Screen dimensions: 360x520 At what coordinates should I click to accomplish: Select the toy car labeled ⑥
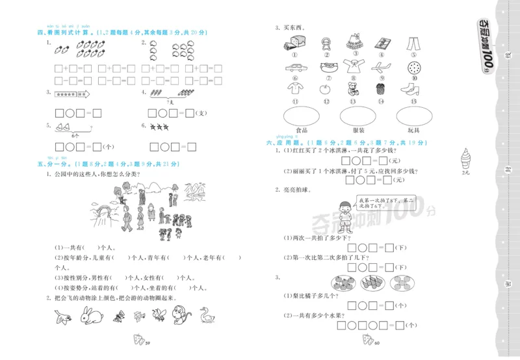(x=294, y=67)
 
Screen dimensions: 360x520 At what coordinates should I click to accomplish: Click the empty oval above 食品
(x=301, y=116)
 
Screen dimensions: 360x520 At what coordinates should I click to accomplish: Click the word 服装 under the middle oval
(x=358, y=131)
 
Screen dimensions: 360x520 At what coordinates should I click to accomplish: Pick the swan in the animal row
(x=208, y=316)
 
